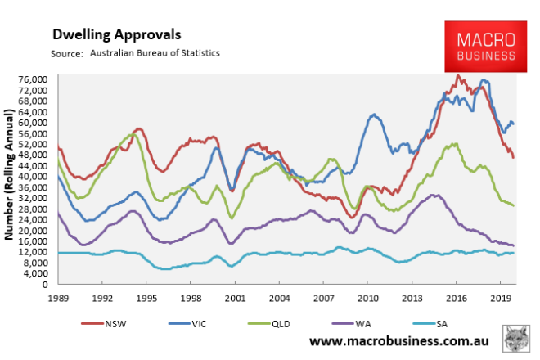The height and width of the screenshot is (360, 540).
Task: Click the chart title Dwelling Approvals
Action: [117, 35]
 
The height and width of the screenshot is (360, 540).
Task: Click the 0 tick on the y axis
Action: [45, 284]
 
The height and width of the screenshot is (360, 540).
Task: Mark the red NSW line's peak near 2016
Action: [458, 76]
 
